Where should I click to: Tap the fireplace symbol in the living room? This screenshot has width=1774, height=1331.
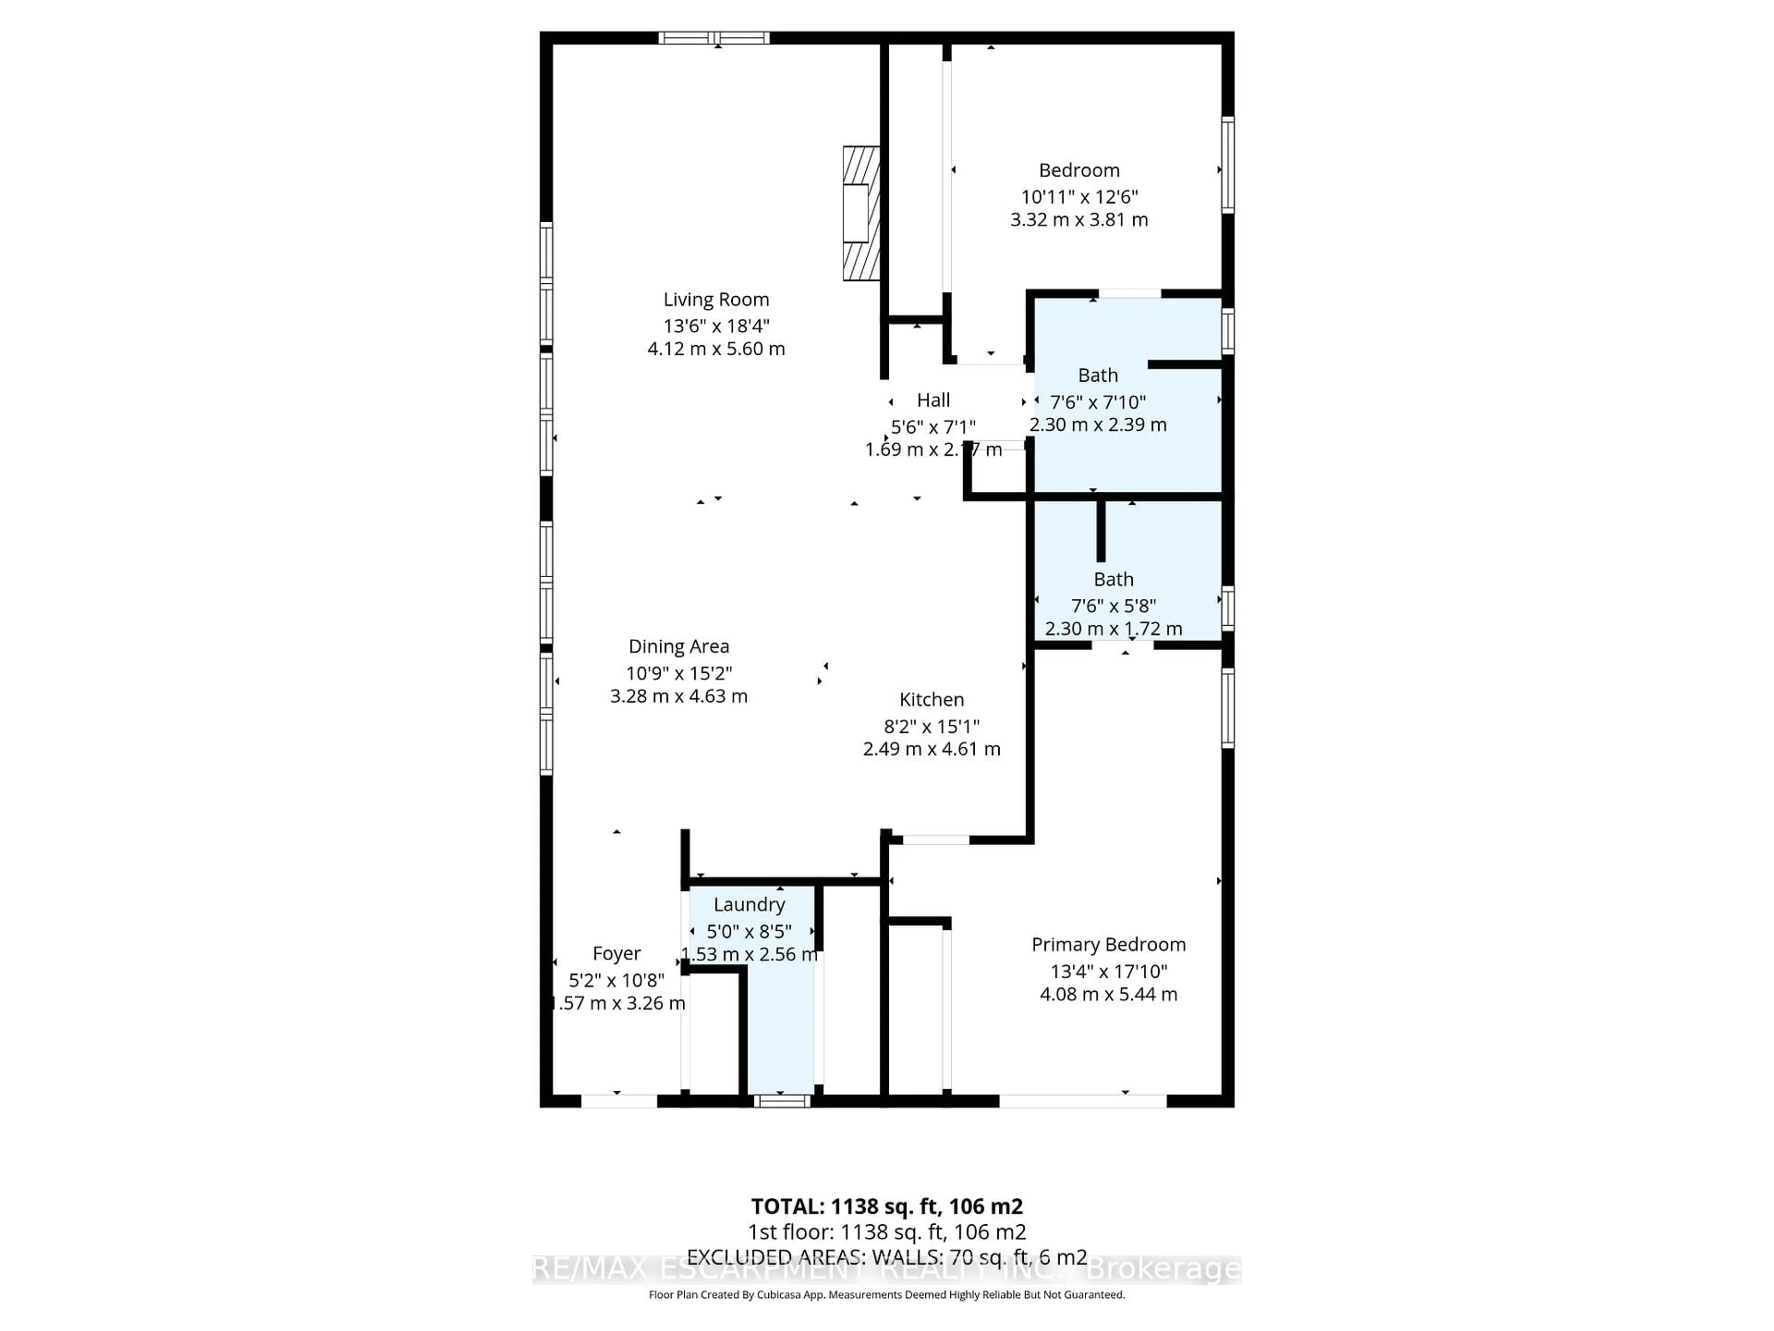pyautogui.click(x=861, y=214)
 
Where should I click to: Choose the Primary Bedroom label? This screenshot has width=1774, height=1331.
pyautogui.click(x=1108, y=944)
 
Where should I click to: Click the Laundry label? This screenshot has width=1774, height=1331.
pyautogui.click(x=749, y=904)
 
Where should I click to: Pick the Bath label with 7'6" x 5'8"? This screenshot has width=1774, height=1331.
pyautogui.click(x=1113, y=579)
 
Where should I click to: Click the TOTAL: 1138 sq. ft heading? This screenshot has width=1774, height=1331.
pyautogui.click(x=886, y=1206)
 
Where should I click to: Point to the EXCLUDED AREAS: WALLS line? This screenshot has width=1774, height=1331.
pyautogui.click(x=886, y=1257)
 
